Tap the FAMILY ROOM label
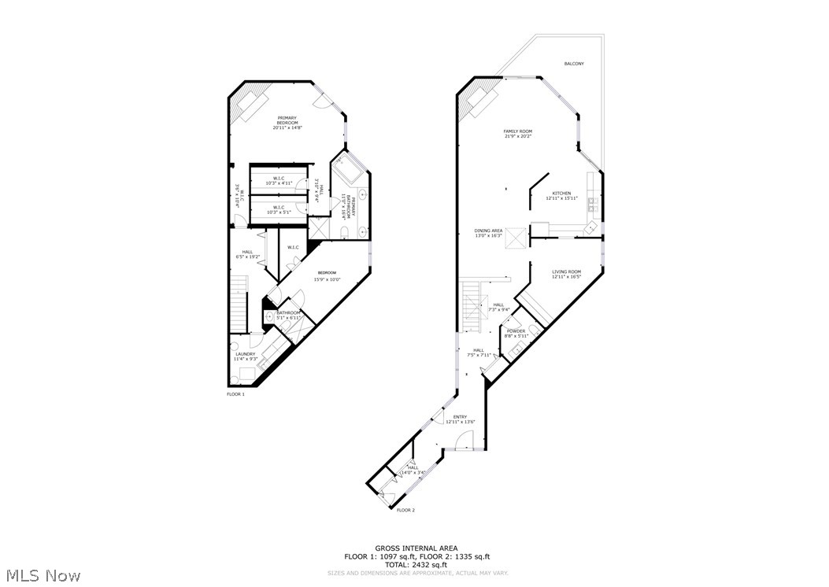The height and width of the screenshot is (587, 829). click(518, 131)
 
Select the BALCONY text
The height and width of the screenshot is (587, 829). click(574, 64)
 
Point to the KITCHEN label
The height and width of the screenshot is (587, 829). click(561, 193)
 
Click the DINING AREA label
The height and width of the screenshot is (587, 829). click(488, 231)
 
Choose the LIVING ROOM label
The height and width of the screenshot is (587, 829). click(566, 271)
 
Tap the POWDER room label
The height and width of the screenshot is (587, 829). click(516, 331)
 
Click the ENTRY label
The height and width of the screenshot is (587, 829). click(460, 417)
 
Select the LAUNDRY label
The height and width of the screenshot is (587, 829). click(245, 354)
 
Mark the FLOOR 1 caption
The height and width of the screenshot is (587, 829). click(235, 394)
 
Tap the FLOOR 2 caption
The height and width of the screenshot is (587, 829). click(405, 510)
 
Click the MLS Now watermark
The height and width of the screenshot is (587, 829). click(41, 575)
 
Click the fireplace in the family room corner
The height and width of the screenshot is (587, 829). click(481, 100)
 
